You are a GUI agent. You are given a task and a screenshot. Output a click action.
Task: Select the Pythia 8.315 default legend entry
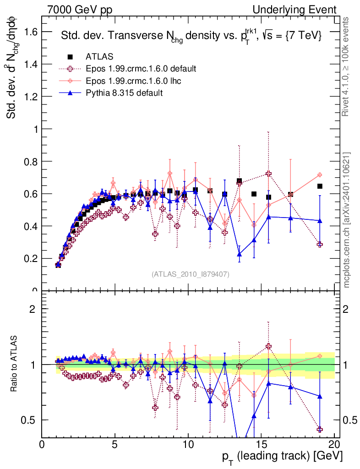(x=124, y=93)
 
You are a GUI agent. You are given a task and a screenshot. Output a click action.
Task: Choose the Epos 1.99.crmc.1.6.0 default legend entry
(x=141, y=69)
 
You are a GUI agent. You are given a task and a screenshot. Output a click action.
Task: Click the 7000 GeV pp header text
(x=82, y=10)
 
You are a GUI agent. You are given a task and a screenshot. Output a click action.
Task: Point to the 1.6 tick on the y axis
(x=31, y=32)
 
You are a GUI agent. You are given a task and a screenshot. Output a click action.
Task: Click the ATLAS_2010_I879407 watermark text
(x=191, y=274)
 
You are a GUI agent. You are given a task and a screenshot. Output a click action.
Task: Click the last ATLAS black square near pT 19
(x=320, y=186)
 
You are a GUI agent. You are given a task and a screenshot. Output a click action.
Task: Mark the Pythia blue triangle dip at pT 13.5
(x=239, y=254)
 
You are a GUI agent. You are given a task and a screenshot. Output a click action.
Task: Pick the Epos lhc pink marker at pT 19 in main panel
(x=320, y=175)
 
